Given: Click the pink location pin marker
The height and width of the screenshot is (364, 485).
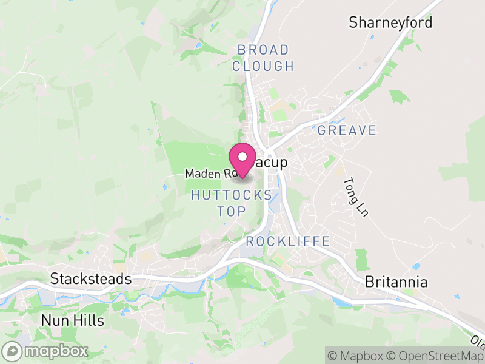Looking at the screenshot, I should click(x=242, y=160).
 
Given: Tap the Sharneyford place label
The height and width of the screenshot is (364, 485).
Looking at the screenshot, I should click(x=390, y=23).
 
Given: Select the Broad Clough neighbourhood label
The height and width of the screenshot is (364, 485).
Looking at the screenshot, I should click(x=263, y=58).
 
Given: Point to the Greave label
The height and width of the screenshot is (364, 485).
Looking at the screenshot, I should click(x=347, y=130).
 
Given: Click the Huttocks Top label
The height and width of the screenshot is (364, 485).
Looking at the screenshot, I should click(x=232, y=203).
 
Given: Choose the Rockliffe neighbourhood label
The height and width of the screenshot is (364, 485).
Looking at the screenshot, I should click(x=288, y=241).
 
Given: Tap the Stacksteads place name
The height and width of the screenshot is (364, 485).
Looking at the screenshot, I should click(x=91, y=279).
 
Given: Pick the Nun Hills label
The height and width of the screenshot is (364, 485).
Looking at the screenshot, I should click(x=72, y=320).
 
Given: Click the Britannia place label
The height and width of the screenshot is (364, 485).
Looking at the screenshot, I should click(x=396, y=282).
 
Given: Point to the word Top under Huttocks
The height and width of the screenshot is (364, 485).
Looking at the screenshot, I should click(x=232, y=211).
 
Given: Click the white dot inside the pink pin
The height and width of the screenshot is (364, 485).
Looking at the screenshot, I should click(x=242, y=155).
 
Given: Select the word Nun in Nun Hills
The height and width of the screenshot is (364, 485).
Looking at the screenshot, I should click(x=53, y=320).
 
